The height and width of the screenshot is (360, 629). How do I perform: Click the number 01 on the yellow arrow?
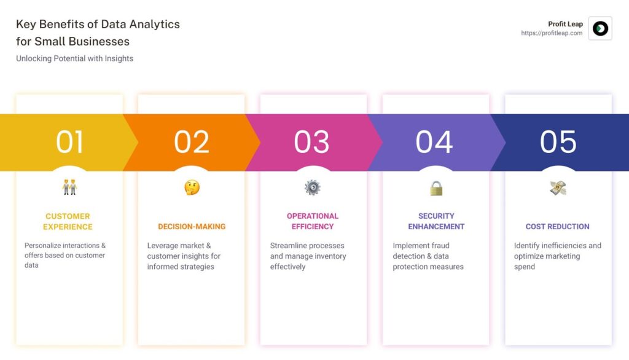tap(69, 142)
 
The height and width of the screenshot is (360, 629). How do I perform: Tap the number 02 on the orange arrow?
tap(192, 142)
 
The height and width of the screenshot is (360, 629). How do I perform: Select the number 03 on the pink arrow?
tap(311, 142)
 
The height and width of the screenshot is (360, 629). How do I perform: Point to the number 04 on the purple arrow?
tap(434, 142)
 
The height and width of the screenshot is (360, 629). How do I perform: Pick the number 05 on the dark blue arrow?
tap(558, 142)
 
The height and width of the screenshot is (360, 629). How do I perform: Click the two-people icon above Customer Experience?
tap(69, 187)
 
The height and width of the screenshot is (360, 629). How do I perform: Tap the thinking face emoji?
tap(192, 187)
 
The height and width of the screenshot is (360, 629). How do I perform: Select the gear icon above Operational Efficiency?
tap(313, 187)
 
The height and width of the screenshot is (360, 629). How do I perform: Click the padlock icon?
tap(436, 188)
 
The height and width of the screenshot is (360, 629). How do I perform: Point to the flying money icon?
tap(558, 187)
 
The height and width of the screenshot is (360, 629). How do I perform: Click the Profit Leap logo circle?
tap(600, 28)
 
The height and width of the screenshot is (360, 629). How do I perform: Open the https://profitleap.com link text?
tap(552, 33)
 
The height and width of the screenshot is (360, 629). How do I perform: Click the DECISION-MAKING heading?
tap(192, 227)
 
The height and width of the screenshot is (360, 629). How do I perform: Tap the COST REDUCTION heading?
tap(558, 227)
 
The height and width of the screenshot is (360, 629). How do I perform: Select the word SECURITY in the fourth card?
tap(437, 216)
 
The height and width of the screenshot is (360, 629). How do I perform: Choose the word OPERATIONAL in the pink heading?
tap(313, 216)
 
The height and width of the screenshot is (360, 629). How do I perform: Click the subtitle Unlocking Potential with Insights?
tap(74, 58)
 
